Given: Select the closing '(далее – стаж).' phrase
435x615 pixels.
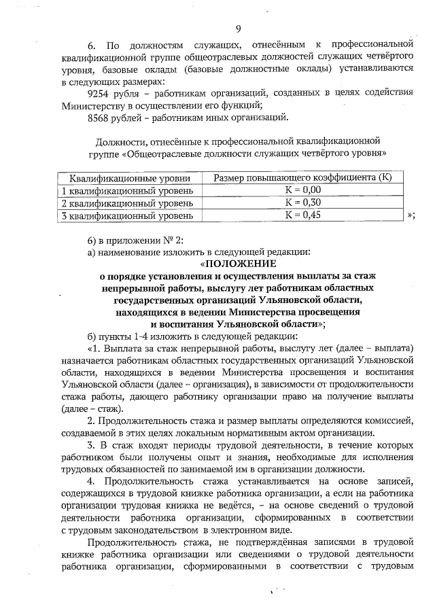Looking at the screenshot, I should pyautogui.click(x=90, y=409).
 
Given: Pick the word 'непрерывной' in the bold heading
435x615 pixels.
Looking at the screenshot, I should pyautogui.click(x=139, y=288).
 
